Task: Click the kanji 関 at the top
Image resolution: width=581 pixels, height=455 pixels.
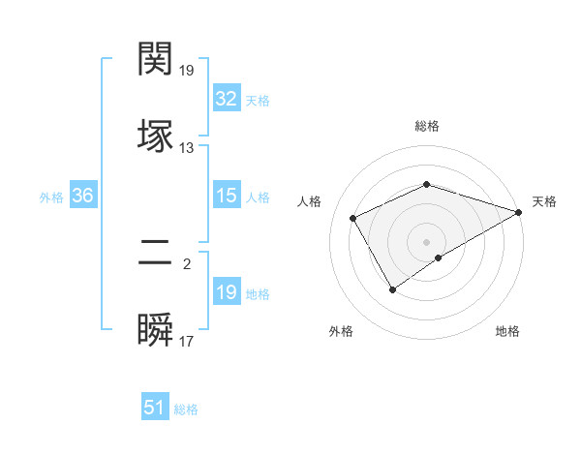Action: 156,59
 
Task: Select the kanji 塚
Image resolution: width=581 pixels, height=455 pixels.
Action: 156,135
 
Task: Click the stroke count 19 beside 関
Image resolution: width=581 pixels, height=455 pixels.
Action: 187,71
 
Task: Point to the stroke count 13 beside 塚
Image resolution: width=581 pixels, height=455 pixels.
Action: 187,148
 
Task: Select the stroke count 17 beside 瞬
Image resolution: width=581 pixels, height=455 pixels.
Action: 187,342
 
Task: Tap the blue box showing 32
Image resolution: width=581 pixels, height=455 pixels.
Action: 226,99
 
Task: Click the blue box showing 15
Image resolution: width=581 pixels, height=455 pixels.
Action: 226,196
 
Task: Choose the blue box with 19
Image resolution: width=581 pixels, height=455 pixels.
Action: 226,292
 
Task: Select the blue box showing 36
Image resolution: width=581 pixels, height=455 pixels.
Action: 82,196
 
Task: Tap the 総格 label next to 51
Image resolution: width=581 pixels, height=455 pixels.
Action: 187,409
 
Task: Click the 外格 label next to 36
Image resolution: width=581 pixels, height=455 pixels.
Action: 51,197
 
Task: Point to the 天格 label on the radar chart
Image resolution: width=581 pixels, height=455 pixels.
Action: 544,201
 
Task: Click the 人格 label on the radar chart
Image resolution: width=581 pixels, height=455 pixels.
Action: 310,201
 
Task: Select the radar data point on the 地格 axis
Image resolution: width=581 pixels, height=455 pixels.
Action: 439,258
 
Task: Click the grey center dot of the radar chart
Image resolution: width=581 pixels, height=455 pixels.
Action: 426,241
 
